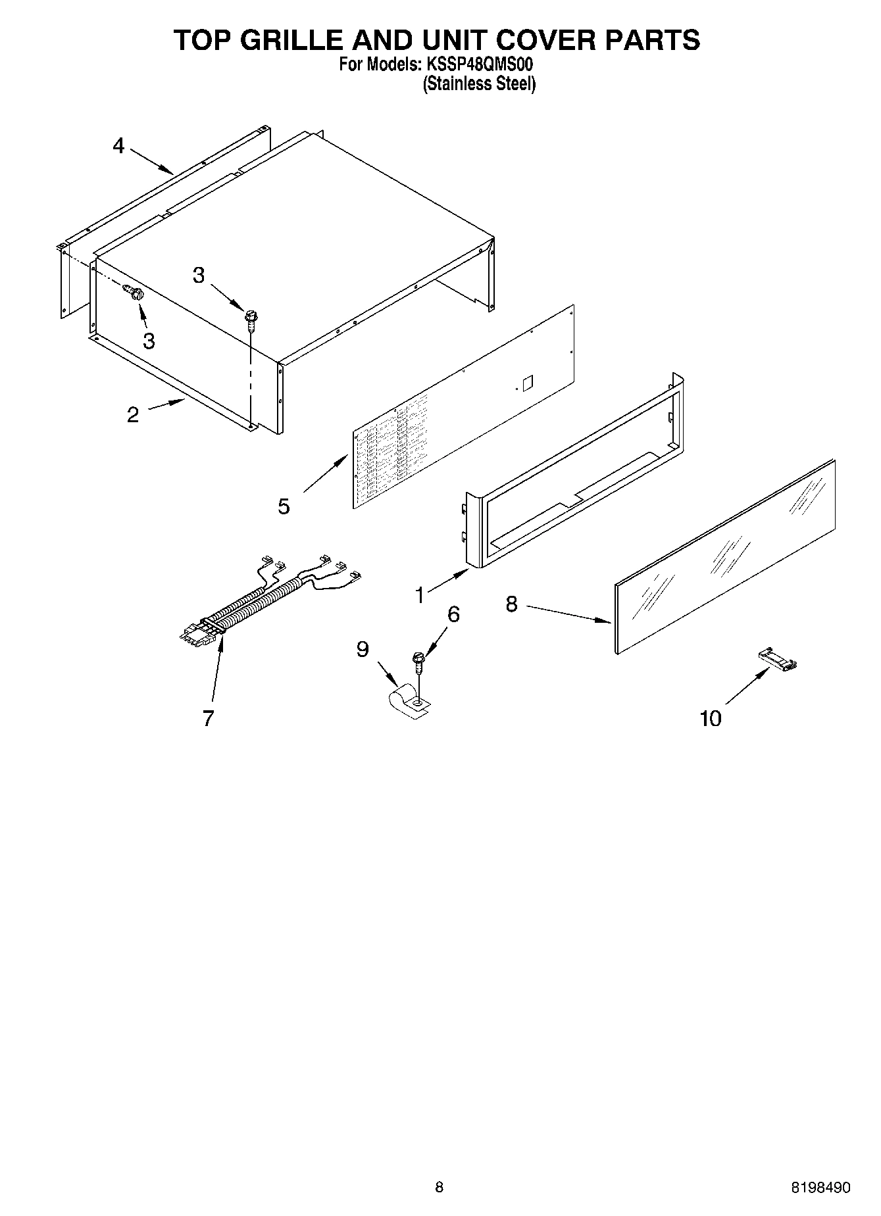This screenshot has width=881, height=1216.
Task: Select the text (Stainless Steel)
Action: pos(479,84)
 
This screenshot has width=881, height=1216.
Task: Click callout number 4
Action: pos(118,145)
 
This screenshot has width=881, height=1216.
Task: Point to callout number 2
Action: pos(133,415)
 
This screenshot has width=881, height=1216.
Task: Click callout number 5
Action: pos(284,506)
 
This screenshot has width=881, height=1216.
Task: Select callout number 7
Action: pos(208,719)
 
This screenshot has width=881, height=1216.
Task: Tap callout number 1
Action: pos(420,595)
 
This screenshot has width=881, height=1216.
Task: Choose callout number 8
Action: pos(513,604)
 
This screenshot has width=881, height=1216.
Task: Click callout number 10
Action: pos(711,718)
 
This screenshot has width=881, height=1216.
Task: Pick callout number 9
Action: pos(363,650)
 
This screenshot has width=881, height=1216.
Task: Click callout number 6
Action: pos(453,614)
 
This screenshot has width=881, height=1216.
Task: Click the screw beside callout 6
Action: pos(417,660)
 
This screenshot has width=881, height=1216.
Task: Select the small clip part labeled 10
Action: pos(778,659)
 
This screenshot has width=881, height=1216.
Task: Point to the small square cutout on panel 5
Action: pos(527,383)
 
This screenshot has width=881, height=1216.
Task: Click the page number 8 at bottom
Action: pos(440,1187)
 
